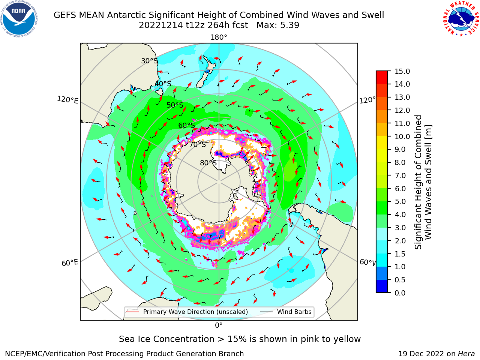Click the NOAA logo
pyautogui.click(x=19, y=19)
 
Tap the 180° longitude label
pyautogui.click(x=219, y=37)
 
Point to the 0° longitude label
pyautogui.click(x=219, y=325)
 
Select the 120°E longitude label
pyautogui.click(x=67, y=100)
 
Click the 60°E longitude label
pyautogui.click(x=70, y=263)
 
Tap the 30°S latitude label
pyautogui.click(x=149, y=61)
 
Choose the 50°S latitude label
pyautogui.click(x=175, y=105)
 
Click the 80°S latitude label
pyautogui.click(x=208, y=163)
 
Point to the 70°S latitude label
pyautogui.click(x=198, y=145)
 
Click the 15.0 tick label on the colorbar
pyautogui.click(x=402, y=72)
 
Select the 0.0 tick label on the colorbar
pyautogui.click(x=400, y=293)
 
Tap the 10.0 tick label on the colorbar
pyautogui.click(x=402, y=136)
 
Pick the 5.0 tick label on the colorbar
pyautogui.click(x=400, y=201)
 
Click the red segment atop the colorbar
pyautogui.click(x=382, y=78)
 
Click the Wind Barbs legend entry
pyautogui.click(x=286, y=312)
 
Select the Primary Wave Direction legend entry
pyautogui.click(x=187, y=312)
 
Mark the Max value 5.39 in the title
pyautogui.click(x=278, y=25)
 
